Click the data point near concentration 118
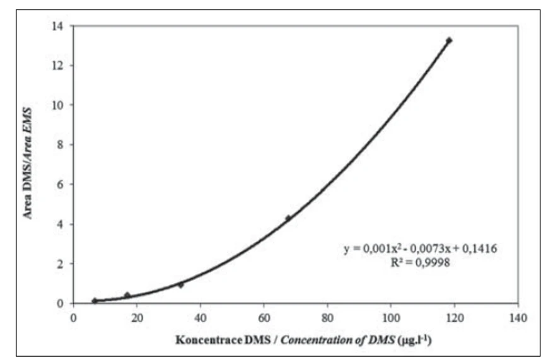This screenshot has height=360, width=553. [449, 40]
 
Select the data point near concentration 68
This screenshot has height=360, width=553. [288, 218]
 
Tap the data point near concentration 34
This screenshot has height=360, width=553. [180, 285]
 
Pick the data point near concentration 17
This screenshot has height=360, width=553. [127, 295]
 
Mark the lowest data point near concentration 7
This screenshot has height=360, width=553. [95, 301]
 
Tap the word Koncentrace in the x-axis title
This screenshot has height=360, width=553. [205, 340]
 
